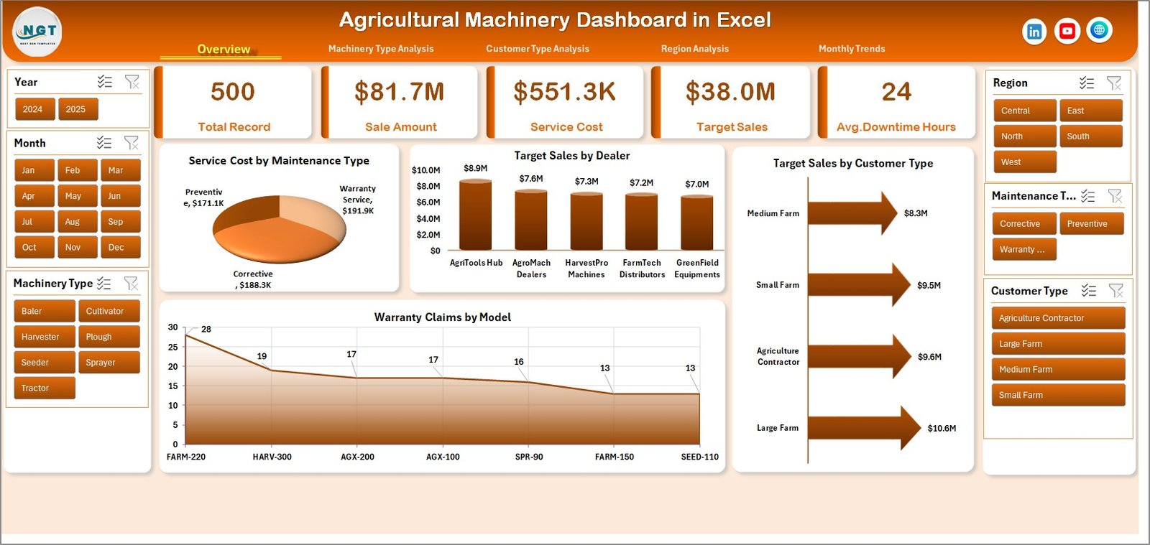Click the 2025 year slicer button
(77, 109)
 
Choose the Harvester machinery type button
(43, 337)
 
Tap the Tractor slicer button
(43, 388)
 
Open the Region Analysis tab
(694, 49)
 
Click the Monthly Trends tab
(851, 49)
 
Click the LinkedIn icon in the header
(1034, 32)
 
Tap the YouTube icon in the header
(1067, 31)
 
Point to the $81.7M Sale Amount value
(399, 92)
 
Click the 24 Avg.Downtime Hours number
(896, 92)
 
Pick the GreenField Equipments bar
(696, 223)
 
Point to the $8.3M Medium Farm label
(915, 213)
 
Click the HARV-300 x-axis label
(272, 457)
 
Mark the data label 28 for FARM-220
(206, 330)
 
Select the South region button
(1089, 136)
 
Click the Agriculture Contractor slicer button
(1057, 318)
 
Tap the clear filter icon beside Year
(132, 82)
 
